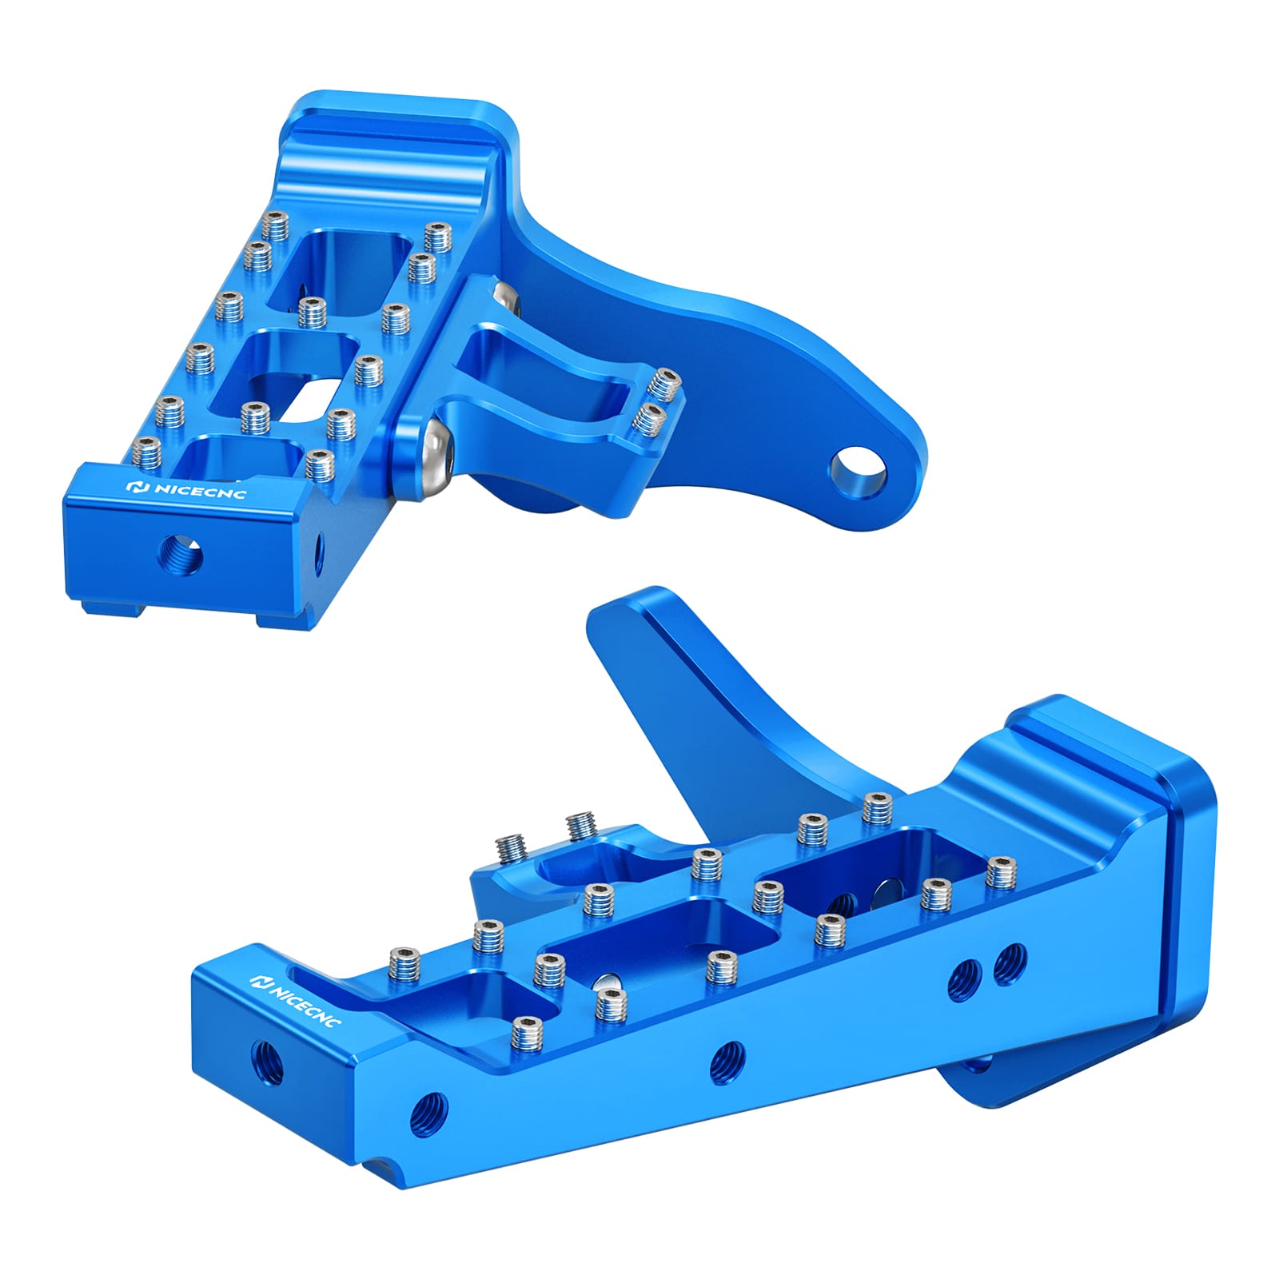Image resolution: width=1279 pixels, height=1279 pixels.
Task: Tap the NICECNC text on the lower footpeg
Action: (x=303, y=1002)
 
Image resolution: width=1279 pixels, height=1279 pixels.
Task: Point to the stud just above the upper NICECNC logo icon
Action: (x=146, y=454)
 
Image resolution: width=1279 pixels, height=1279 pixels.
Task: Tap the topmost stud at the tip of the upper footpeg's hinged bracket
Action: (x=663, y=382)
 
